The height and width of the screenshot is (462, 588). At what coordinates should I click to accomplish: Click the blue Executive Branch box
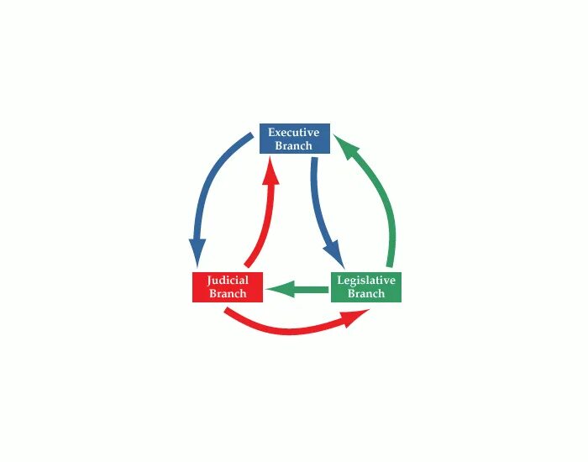[293, 139]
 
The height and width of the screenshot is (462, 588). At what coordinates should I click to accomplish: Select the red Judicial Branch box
[228, 287]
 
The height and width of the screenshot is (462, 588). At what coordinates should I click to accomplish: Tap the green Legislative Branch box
[365, 287]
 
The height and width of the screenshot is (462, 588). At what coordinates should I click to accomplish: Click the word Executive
[293, 133]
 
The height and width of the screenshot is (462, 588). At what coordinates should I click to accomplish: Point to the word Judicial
[228, 281]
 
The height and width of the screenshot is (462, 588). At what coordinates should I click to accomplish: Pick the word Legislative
[365, 281]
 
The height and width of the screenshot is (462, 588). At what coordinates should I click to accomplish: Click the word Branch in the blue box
[293, 145]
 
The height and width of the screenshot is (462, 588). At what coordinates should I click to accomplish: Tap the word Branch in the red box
[228, 294]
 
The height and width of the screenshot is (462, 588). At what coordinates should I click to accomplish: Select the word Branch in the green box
[365, 294]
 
